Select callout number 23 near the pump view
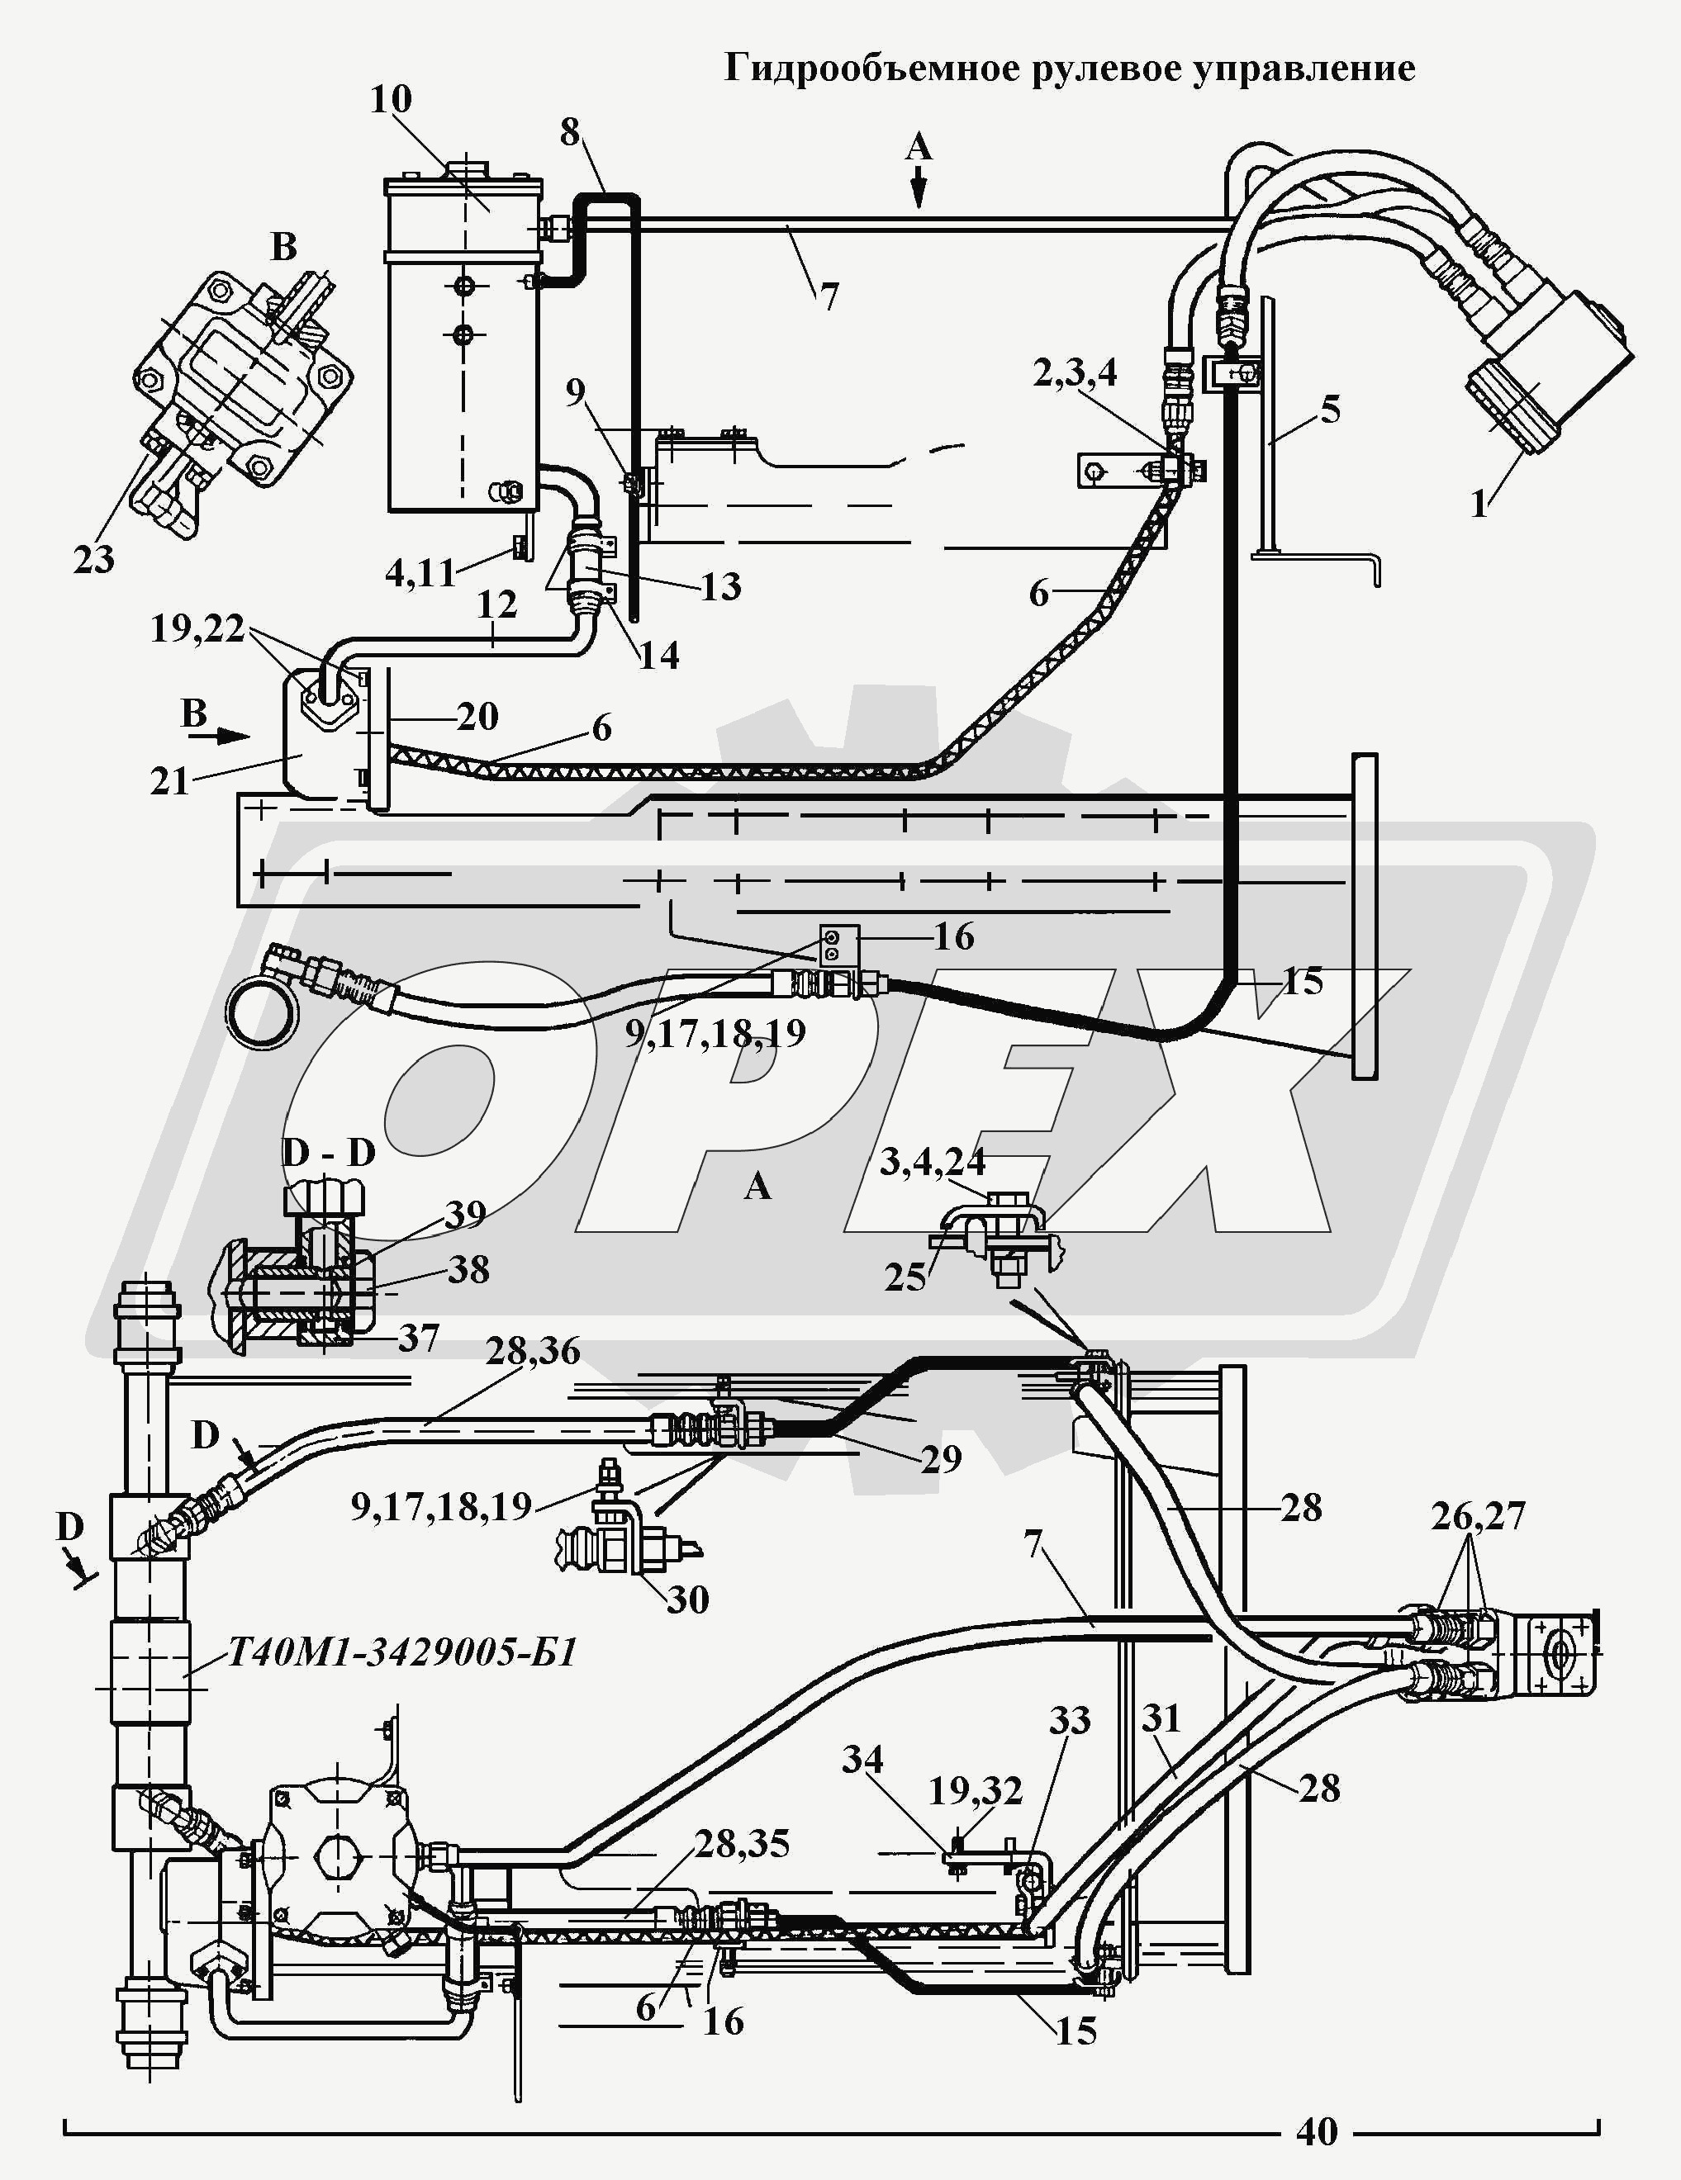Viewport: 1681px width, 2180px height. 94,559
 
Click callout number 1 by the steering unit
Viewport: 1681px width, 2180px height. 1479,503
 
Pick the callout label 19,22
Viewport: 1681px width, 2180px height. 197,629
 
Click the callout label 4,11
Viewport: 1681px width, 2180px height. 420,573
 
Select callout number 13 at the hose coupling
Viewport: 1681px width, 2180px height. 720,586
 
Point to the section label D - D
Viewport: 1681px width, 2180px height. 329,1152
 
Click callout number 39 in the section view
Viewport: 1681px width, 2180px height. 465,1214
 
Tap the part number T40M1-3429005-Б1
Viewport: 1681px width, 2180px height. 402,1653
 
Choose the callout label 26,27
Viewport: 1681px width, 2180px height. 1477,1515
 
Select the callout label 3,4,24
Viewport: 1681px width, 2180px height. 933,1161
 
